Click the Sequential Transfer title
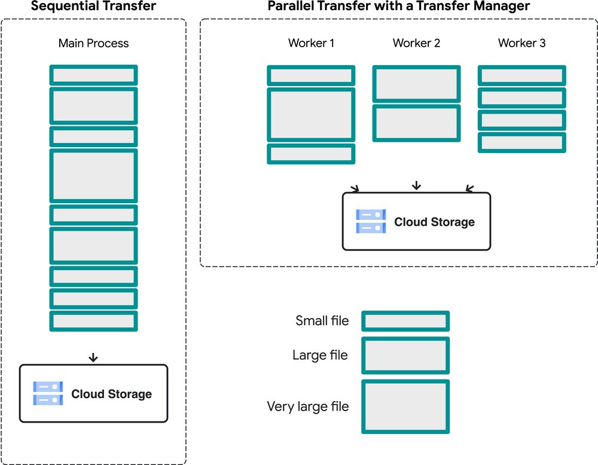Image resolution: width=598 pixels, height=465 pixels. tap(93, 7)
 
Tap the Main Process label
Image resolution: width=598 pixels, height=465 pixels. tap(93, 43)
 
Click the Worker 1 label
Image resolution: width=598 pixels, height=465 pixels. tap(311, 43)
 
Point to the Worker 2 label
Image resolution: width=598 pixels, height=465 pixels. tap(416, 43)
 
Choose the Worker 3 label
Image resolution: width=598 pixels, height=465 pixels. tap(521, 43)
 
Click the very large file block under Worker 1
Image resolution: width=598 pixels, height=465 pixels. tap(311, 114)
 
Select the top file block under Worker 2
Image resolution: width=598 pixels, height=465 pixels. tap(416, 84)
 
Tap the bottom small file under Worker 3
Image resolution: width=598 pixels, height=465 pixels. tap(521, 142)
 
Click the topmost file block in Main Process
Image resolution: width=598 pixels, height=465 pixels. tap(93, 75)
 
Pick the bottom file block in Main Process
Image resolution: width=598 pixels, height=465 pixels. tap(93, 321)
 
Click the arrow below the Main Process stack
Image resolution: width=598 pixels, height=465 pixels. tap(93, 357)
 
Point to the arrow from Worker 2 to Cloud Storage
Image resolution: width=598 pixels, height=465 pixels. tap(416, 186)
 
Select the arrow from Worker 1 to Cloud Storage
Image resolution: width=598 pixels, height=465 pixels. tap(355, 188)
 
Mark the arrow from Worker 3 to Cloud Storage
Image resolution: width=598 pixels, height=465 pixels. tap(469, 188)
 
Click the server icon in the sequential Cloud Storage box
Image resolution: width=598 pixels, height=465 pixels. tap(48, 394)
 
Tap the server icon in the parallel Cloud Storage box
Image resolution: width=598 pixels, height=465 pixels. tap(371, 221)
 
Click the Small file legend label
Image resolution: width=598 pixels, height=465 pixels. tap(322, 321)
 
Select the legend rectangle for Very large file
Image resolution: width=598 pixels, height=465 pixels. tap(405, 406)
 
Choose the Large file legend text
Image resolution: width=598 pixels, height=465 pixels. tap(320, 355)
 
